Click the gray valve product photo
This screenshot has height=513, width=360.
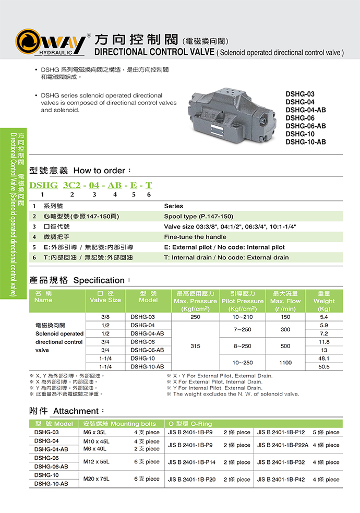coord(230,114)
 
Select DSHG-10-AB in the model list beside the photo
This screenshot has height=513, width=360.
coord(305,142)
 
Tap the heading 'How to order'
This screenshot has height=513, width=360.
coord(99,171)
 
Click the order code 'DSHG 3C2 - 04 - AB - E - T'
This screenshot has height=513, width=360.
coord(91,185)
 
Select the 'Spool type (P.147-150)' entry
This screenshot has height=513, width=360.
coord(198,216)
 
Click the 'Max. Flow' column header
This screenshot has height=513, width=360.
coord(285,301)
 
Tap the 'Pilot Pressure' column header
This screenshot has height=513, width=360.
coord(243,301)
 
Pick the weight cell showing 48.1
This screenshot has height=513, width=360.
coord(324,359)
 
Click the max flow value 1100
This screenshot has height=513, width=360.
coord(285,362)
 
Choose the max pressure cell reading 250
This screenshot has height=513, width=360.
coord(195,317)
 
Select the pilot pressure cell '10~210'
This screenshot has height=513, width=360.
coord(243,317)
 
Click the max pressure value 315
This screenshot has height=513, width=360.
coord(195,346)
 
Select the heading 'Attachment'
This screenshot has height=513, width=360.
coord(76,411)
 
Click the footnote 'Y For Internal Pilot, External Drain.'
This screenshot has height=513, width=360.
coord(218,388)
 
